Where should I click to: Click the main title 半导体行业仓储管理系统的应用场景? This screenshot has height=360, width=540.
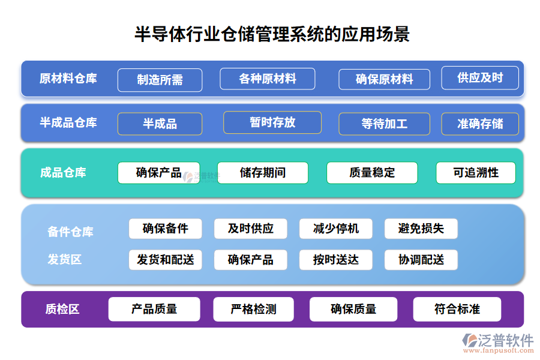(272, 34)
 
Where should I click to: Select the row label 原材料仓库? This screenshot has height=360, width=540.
(68, 79)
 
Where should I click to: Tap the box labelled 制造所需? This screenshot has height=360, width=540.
(160, 80)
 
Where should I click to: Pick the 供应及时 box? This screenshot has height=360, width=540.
(480, 77)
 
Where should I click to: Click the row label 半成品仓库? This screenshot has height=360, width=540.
(68, 122)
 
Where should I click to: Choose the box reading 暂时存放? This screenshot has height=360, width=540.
(272, 122)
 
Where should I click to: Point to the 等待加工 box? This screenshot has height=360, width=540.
(384, 124)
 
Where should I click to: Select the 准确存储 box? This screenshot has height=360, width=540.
(480, 124)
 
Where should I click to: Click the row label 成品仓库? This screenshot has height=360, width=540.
(63, 173)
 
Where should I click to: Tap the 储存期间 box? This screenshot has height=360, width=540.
(263, 173)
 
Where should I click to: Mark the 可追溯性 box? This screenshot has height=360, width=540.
(476, 173)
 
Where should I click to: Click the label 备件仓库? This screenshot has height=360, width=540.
(70, 232)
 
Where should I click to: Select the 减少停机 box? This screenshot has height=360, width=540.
(336, 229)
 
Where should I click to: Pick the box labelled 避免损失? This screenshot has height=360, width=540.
(421, 229)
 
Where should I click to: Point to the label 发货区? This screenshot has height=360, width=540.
(64, 259)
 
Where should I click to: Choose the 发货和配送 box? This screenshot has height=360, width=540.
(166, 260)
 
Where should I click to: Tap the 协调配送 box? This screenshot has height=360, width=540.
(421, 260)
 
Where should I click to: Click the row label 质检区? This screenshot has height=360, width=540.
(62, 309)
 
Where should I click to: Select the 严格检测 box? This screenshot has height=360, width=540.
(253, 309)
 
